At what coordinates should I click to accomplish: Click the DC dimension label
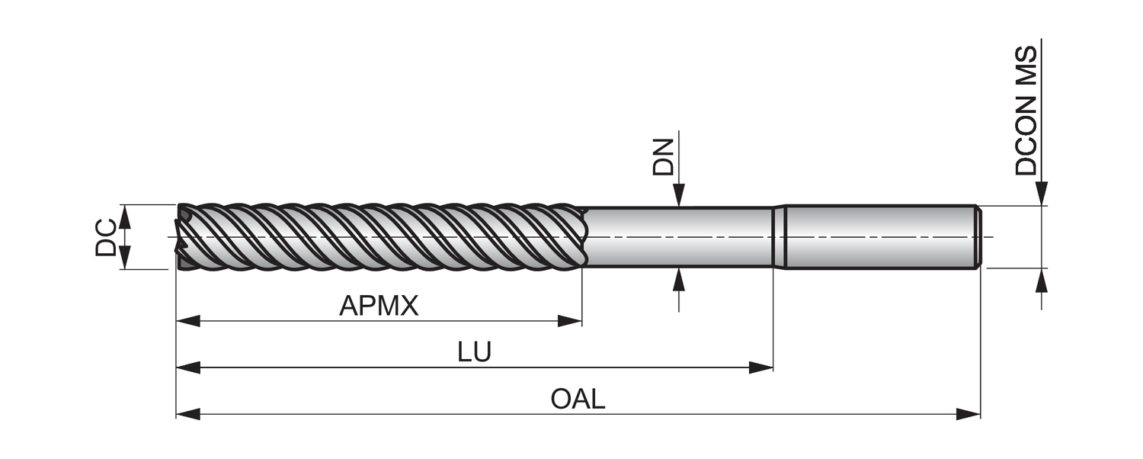[x=106, y=237]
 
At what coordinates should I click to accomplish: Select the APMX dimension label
[x=379, y=307]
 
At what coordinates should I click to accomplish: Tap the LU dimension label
[x=474, y=352]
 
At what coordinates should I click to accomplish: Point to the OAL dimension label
[x=578, y=399]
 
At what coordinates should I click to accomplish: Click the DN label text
[x=664, y=157]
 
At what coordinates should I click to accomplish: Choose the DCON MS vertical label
[x=1026, y=111]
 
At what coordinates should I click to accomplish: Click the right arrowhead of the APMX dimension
[x=571, y=321]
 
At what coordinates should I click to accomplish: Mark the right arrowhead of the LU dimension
[x=761, y=368]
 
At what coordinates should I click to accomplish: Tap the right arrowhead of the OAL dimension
[x=969, y=414]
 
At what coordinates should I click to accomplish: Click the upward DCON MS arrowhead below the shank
[x=1042, y=280]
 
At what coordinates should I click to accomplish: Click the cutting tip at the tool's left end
[x=183, y=236]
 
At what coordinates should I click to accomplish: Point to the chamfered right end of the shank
[x=978, y=236]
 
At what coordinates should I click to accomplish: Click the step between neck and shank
[x=779, y=236]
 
